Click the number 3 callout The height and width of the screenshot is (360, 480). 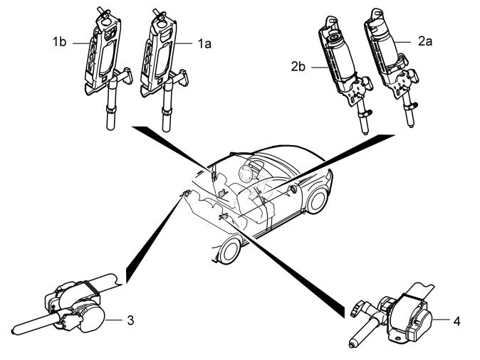click(130, 320)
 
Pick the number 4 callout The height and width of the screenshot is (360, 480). click(456, 321)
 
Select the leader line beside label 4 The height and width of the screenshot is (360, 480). click(439, 321)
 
